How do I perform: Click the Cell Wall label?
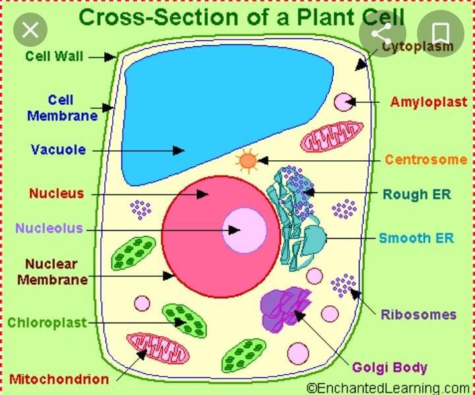[54, 56]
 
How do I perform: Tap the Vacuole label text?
[58, 150]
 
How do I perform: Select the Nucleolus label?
[49, 229]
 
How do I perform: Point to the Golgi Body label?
[389, 367]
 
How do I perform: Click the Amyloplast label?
[428, 102]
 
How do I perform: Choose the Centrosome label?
[426, 160]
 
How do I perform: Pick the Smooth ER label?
[416, 238]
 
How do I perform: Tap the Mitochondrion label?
[59, 379]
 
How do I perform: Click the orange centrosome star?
[247, 160]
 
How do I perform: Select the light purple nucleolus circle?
[244, 230]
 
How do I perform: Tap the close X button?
[30, 30]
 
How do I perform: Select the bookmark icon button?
[442, 31]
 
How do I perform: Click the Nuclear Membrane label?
[52, 272]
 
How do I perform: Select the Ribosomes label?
[418, 315]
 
